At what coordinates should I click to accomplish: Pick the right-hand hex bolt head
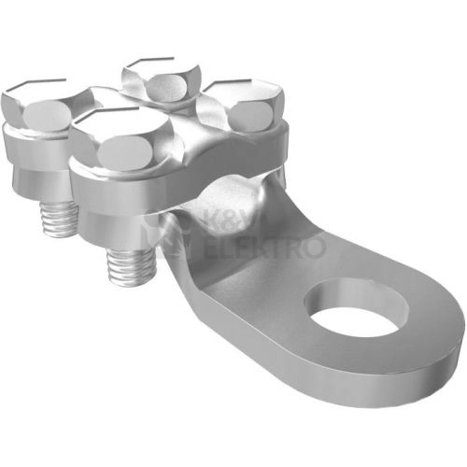[241, 106]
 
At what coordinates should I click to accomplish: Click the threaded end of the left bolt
[60, 219]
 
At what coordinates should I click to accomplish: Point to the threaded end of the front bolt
[131, 262]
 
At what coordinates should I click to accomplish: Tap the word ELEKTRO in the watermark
[264, 247]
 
